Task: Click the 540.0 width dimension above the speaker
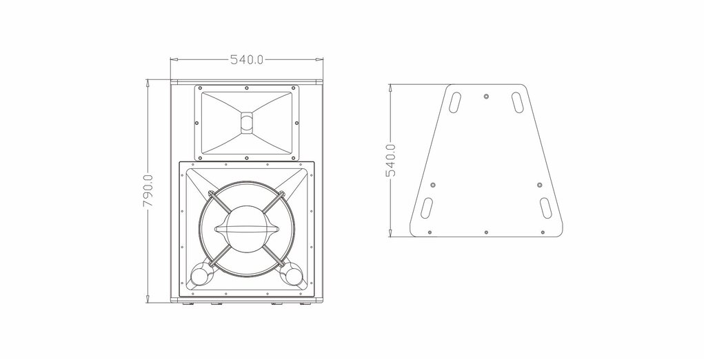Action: click(247, 59)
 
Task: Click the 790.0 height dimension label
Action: click(149, 190)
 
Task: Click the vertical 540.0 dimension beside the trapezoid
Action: click(390, 160)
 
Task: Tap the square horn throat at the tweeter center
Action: click(246, 123)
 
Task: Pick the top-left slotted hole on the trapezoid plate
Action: click(455, 102)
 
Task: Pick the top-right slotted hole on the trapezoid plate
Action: click(517, 102)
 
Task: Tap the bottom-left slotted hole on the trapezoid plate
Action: click(426, 208)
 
